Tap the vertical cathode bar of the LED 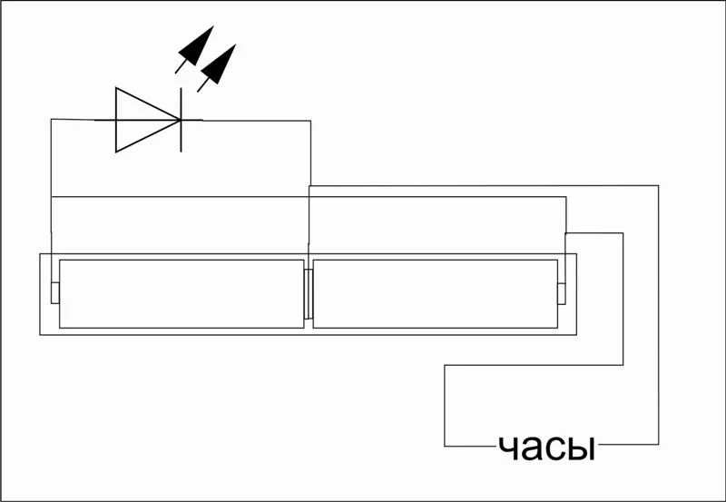pyautogui.click(x=181, y=120)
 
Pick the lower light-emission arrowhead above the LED pyautogui.click(x=220, y=64)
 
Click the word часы pyautogui.click(x=547, y=448)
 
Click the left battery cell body pyautogui.click(x=181, y=294)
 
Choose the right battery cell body pyautogui.click(x=436, y=294)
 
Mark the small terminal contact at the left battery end pyautogui.click(x=55, y=292)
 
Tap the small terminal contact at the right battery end pyautogui.click(x=562, y=293)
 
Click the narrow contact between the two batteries pyautogui.click(x=309, y=293)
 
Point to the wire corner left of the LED pyautogui.click(x=52, y=120)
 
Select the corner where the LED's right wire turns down pyautogui.click(x=310, y=121)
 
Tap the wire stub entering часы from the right pyautogui.click(x=628, y=445)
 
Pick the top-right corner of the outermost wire pyautogui.click(x=658, y=186)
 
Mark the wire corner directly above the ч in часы pyautogui.click(x=445, y=366)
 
